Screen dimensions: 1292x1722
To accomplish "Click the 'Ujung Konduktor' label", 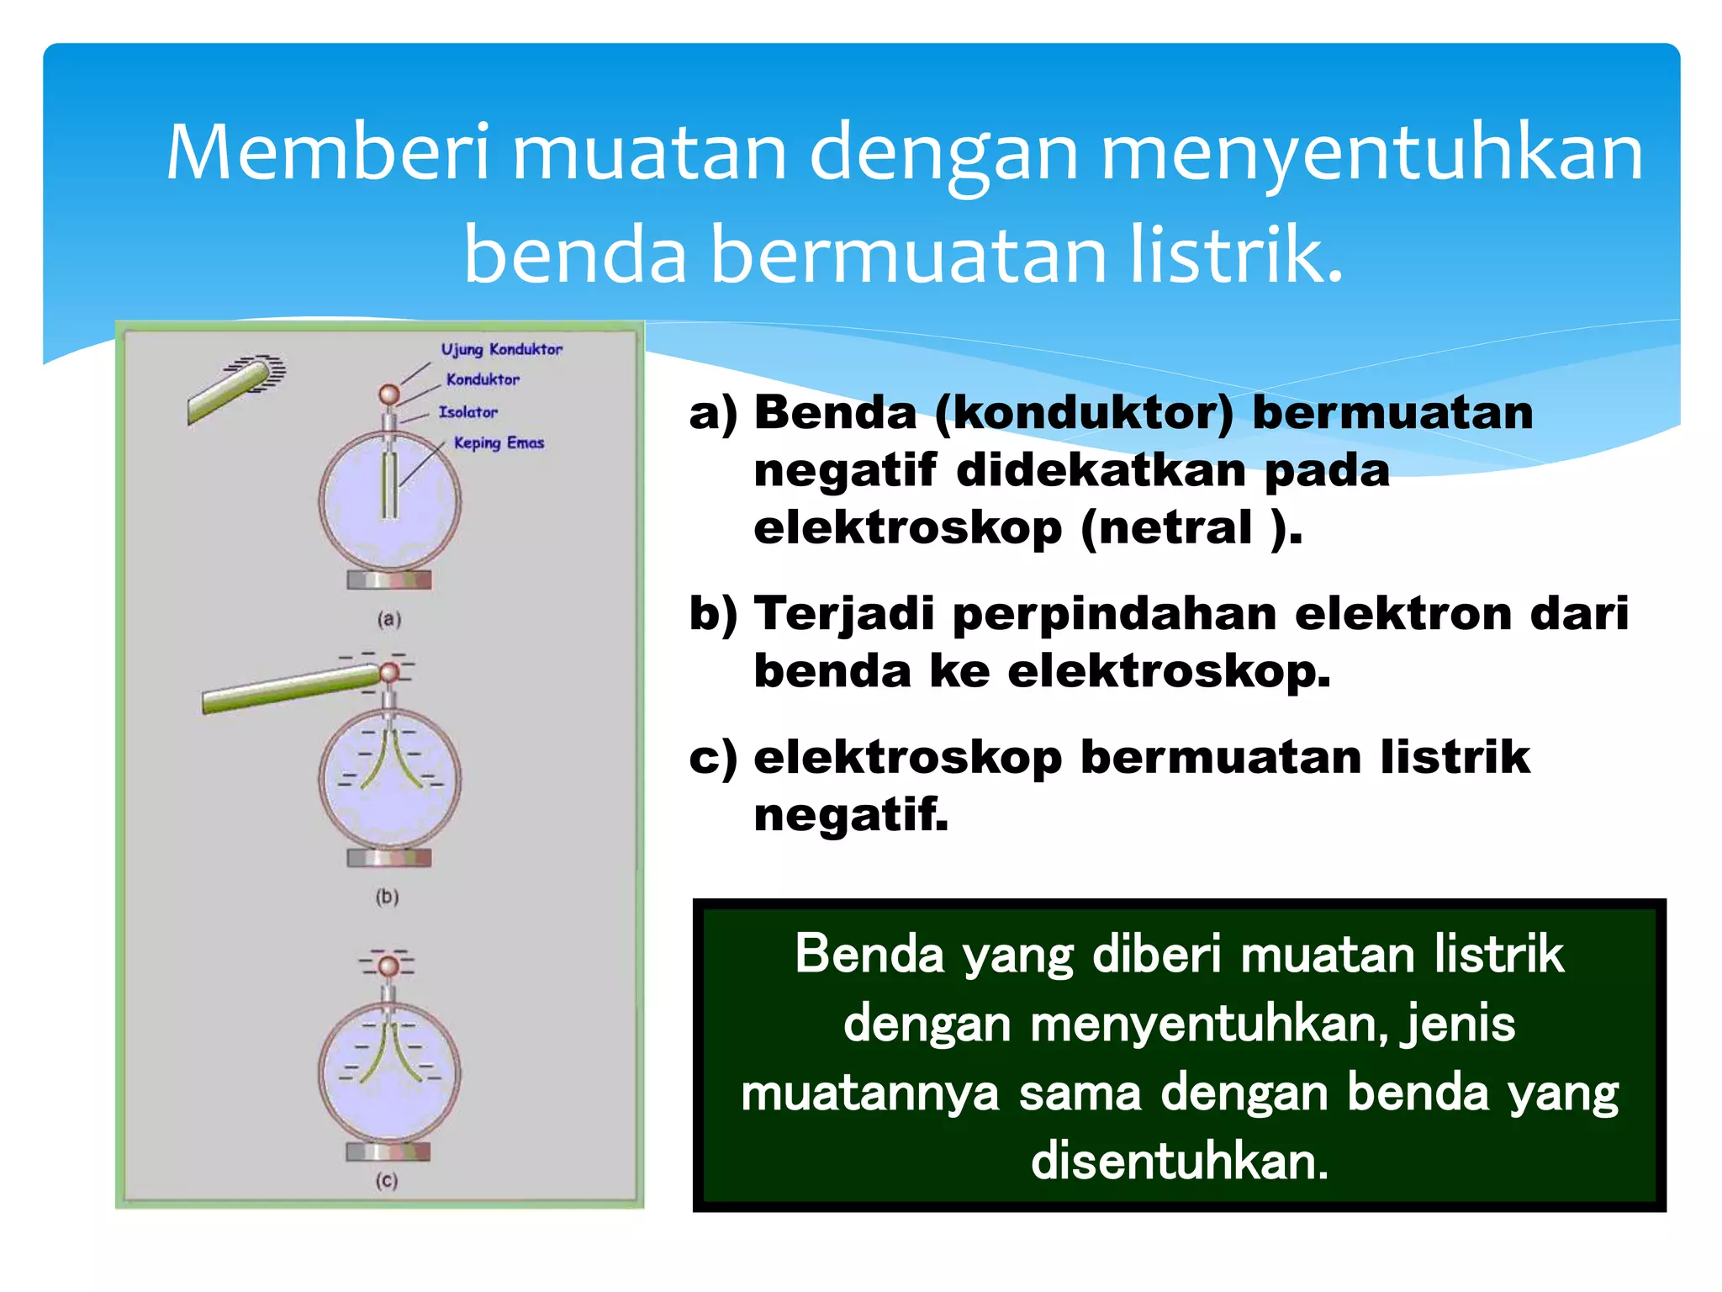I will (501, 349).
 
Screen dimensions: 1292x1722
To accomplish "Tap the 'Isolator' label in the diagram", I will (467, 412).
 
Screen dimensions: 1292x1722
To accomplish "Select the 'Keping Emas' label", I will (499, 442).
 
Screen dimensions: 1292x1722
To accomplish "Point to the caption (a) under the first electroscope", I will (388, 620).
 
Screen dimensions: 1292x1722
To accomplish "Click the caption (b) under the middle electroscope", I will (387, 897).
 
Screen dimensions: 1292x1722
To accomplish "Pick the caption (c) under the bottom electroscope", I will (386, 1181).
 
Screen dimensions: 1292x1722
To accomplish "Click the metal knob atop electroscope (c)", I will (388, 966).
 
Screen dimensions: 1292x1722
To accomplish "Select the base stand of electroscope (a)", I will (388, 580).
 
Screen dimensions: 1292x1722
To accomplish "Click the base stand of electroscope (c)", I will (388, 1152).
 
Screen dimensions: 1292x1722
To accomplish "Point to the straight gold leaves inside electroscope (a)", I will (388, 485).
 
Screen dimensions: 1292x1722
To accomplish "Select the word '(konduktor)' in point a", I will (1085, 413).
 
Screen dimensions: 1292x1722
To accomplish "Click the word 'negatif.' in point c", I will (851, 814).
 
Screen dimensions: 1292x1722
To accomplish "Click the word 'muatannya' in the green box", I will (869, 1093).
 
